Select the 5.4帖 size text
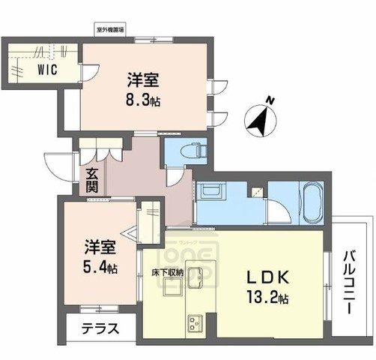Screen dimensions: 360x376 [100, 267]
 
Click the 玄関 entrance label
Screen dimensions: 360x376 [91, 179]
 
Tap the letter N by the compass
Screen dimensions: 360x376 [272, 100]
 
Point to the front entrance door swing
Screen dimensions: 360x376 [57, 165]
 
